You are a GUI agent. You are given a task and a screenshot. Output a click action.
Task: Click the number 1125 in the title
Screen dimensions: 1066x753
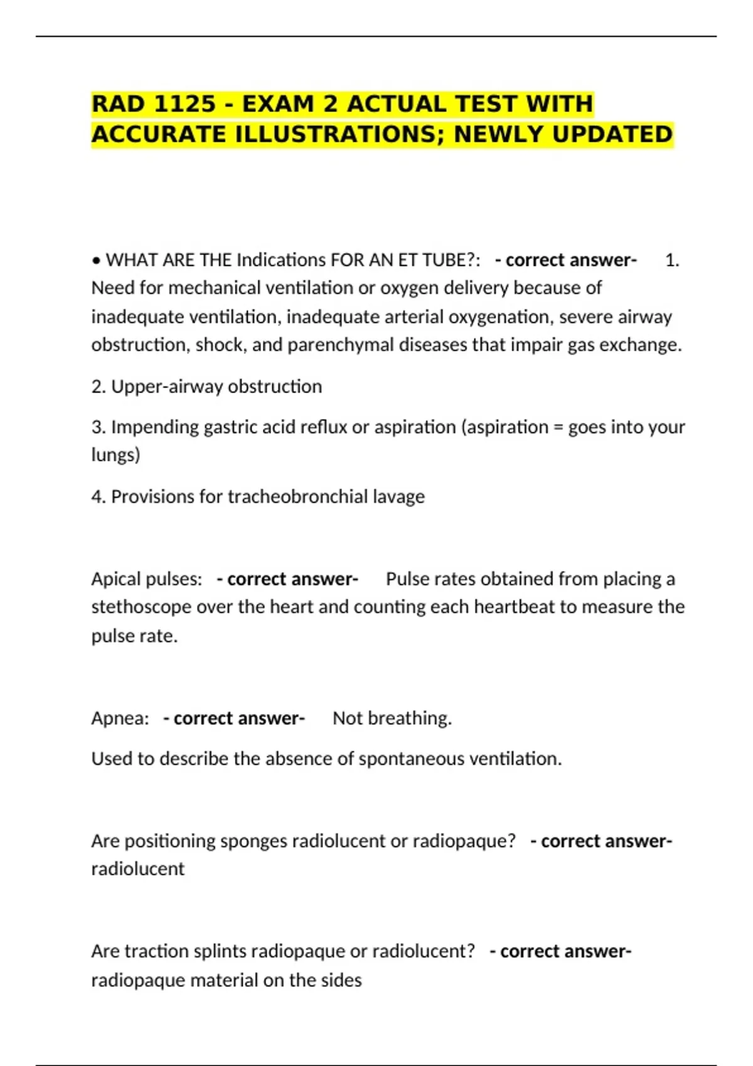pos(184,104)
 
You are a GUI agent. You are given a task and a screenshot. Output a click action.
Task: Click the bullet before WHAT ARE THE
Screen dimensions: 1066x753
pos(96,260)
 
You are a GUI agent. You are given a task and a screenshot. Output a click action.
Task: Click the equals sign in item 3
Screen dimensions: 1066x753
pos(558,427)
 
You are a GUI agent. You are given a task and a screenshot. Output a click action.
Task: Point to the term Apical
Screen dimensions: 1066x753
pos(114,579)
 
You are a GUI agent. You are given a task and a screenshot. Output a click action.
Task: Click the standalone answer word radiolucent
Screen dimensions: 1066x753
pos(138,869)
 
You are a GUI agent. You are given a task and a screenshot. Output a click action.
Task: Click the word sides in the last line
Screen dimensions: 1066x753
pos(341,980)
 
